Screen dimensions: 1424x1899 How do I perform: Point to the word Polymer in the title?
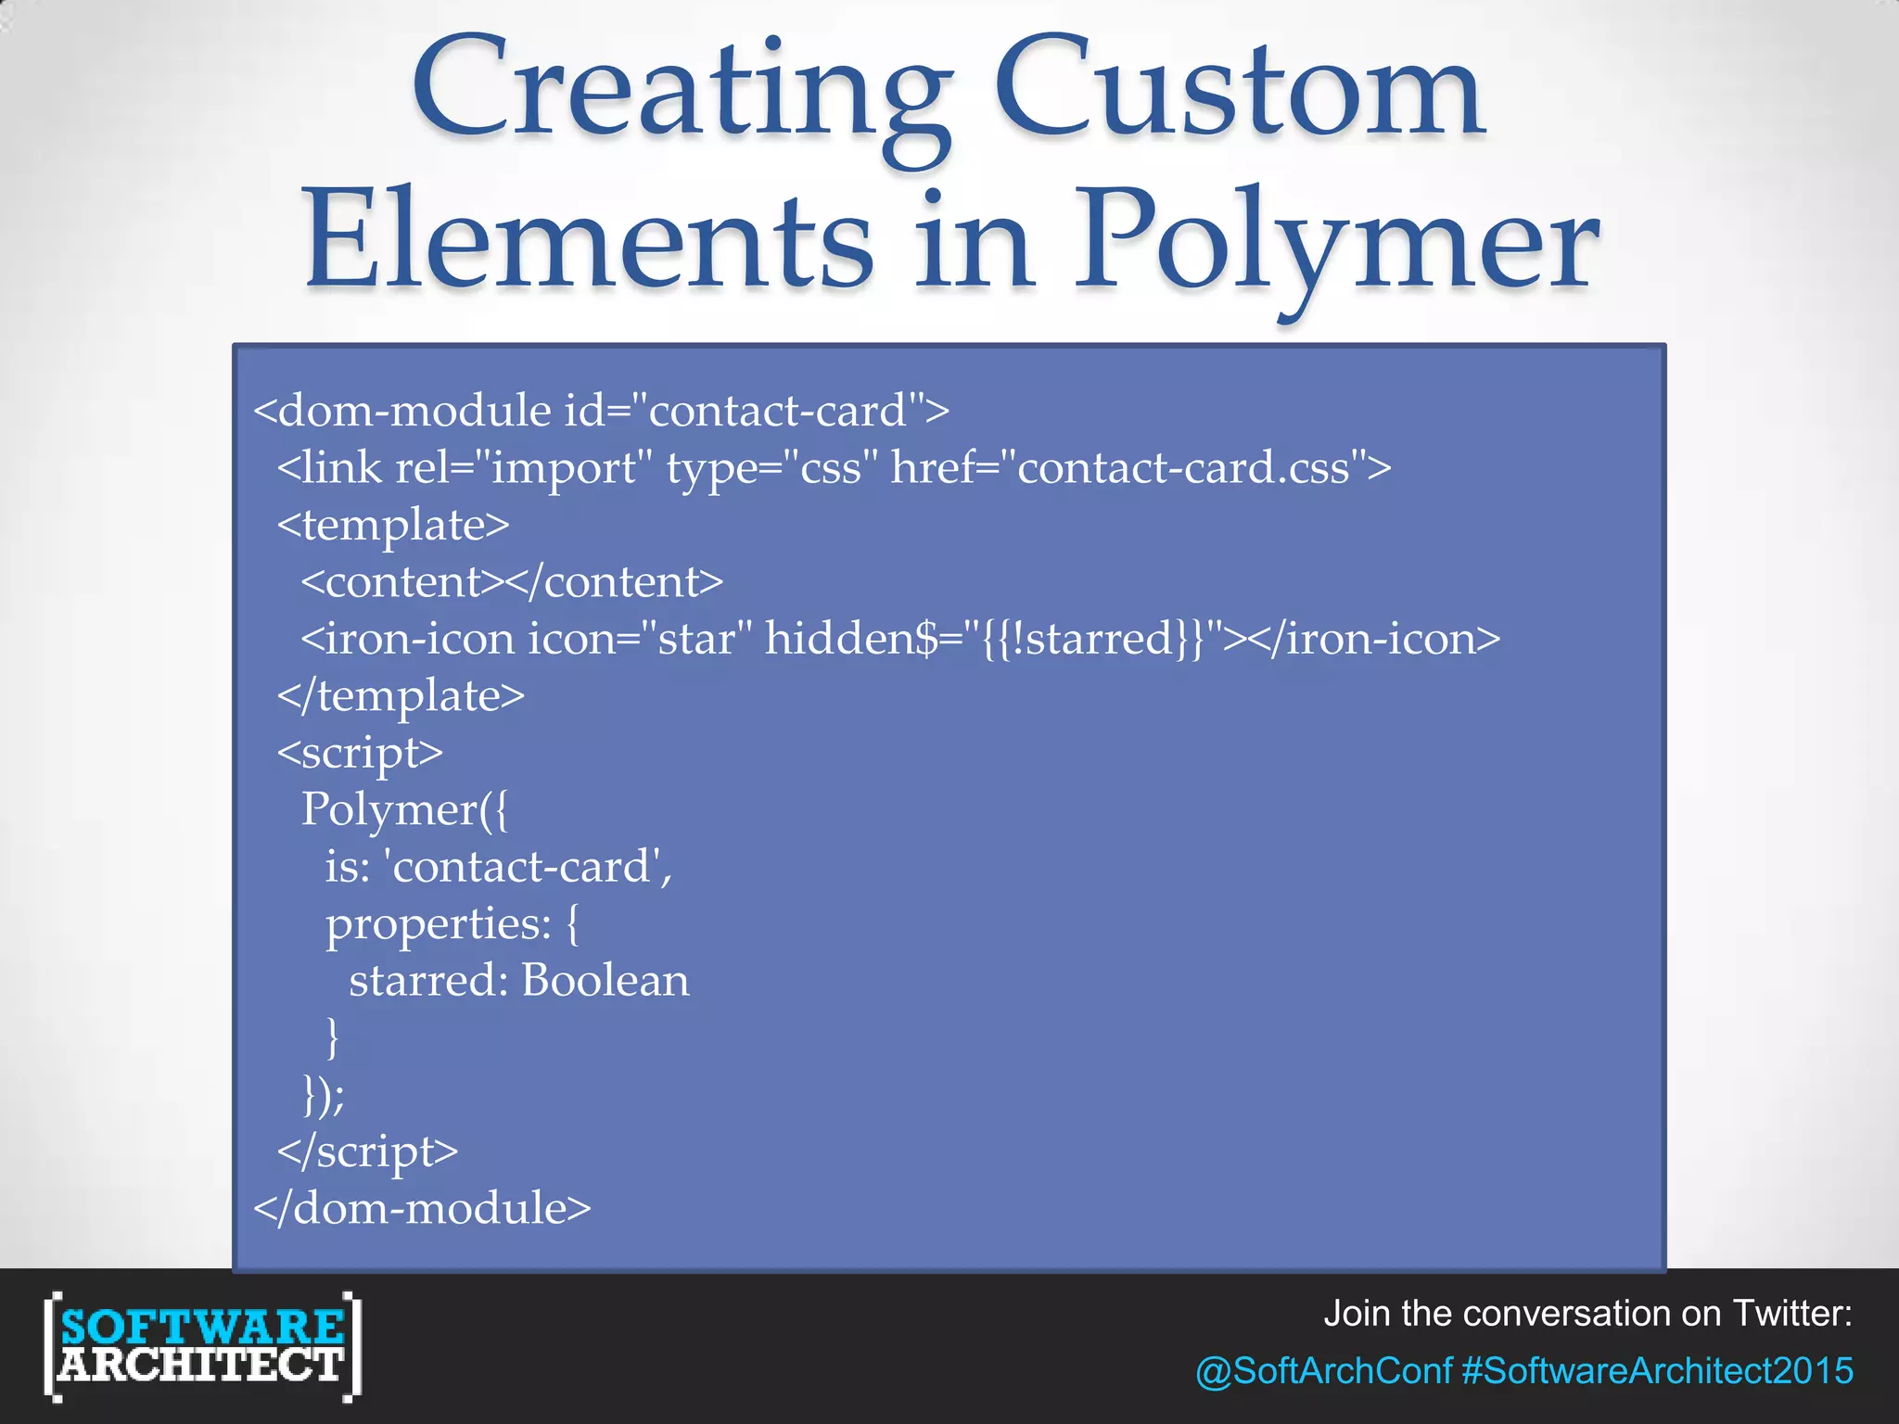pos(1336,243)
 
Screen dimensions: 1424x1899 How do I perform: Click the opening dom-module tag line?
pos(601,411)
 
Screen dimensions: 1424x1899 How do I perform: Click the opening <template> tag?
pos(393,526)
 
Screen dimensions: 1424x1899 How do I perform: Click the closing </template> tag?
pos(401,696)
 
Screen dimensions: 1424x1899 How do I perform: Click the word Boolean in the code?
pos(605,981)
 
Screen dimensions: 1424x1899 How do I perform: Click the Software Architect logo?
pos(202,1346)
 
